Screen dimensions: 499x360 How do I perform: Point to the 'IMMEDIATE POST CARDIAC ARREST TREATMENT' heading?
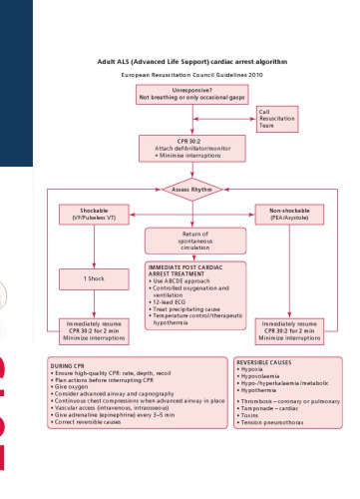point(189,272)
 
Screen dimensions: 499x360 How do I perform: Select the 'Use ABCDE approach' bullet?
point(184,282)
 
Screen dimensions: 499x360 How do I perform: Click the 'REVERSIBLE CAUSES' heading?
point(264,362)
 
